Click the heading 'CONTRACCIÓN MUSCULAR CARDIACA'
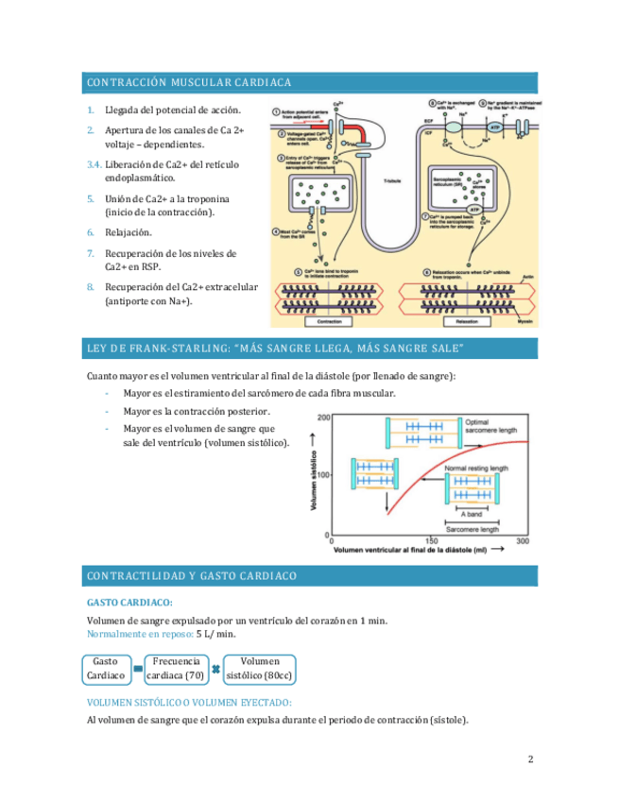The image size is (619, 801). [x=189, y=82]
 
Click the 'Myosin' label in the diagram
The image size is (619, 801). [x=525, y=322]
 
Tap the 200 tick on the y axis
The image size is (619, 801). [x=323, y=418]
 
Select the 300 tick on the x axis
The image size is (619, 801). [x=523, y=540]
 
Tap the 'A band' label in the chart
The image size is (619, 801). [x=472, y=513]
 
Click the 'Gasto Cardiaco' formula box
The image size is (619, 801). [x=106, y=669]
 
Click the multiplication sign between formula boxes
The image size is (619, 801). [x=216, y=670]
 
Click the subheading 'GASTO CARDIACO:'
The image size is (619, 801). [x=129, y=602]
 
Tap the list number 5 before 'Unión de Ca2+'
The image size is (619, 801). [x=91, y=199]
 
